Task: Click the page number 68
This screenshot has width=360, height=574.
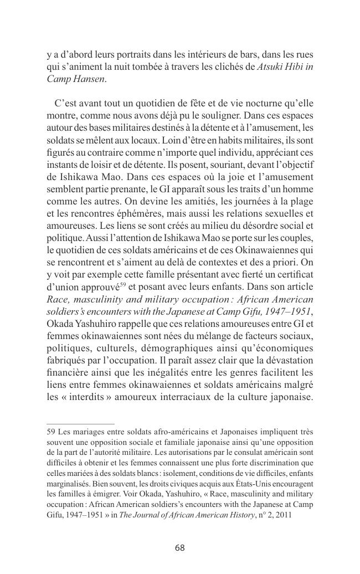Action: click(x=179, y=548)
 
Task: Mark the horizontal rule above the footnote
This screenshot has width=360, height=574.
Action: click(x=80, y=423)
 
